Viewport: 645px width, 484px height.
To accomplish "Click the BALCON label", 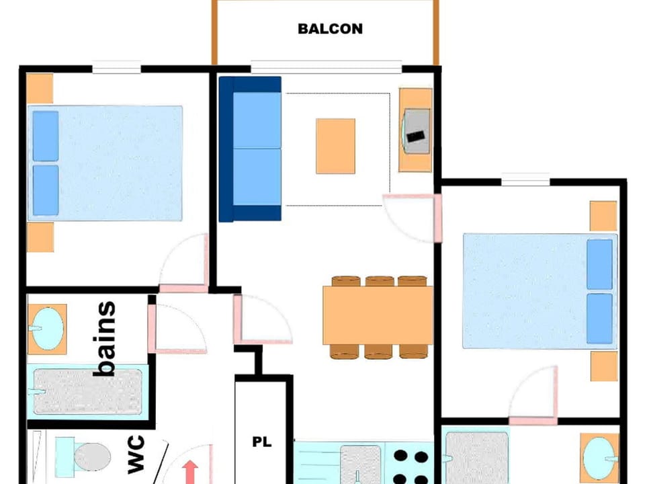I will pyautogui.click(x=330, y=29).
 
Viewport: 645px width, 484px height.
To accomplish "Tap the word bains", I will pyautogui.click(x=105, y=339).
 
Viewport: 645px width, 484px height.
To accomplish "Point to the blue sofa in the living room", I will pyautogui.click(x=251, y=149).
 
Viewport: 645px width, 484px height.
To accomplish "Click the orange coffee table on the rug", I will pyautogui.click(x=335, y=146).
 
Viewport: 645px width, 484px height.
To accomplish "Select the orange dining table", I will pyautogui.click(x=378, y=315).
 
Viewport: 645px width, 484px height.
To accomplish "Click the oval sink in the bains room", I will pyautogui.click(x=48, y=329).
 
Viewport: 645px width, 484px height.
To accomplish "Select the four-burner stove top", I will pyautogui.click(x=411, y=466).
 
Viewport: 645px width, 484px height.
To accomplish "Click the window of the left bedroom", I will pyautogui.click(x=116, y=67).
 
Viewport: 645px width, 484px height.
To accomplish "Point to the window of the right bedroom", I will pyautogui.click(x=525, y=179).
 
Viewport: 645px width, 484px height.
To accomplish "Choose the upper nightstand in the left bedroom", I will pyautogui.click(x=40, y=88).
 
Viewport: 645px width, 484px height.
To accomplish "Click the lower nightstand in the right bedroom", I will pyautogui.click(x=603, y=366).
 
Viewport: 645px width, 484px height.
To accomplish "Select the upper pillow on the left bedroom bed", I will pyautogui.click(x=46, y=136).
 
